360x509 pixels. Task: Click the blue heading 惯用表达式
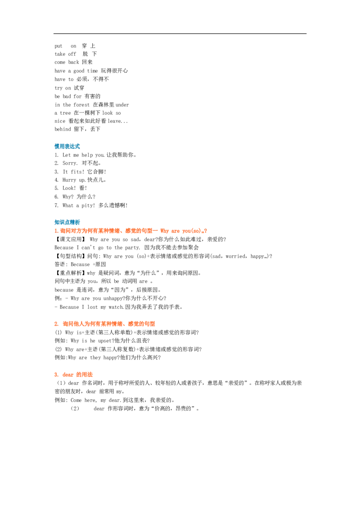pos(67,147)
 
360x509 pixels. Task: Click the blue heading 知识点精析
pos(67,223)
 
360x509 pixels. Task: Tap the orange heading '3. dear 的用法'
pos(73,375)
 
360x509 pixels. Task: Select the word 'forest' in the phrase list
pos(81,105)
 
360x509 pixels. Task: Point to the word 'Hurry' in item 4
pos(69,180)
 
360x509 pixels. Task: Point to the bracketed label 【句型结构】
pos(70,256)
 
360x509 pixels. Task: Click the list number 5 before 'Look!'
pos(56,188)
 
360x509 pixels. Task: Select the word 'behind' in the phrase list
pos(63,129)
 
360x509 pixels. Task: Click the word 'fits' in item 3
pos(76,172)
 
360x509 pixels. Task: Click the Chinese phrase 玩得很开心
pos(114,71)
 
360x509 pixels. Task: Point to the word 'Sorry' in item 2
pos(70,163)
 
